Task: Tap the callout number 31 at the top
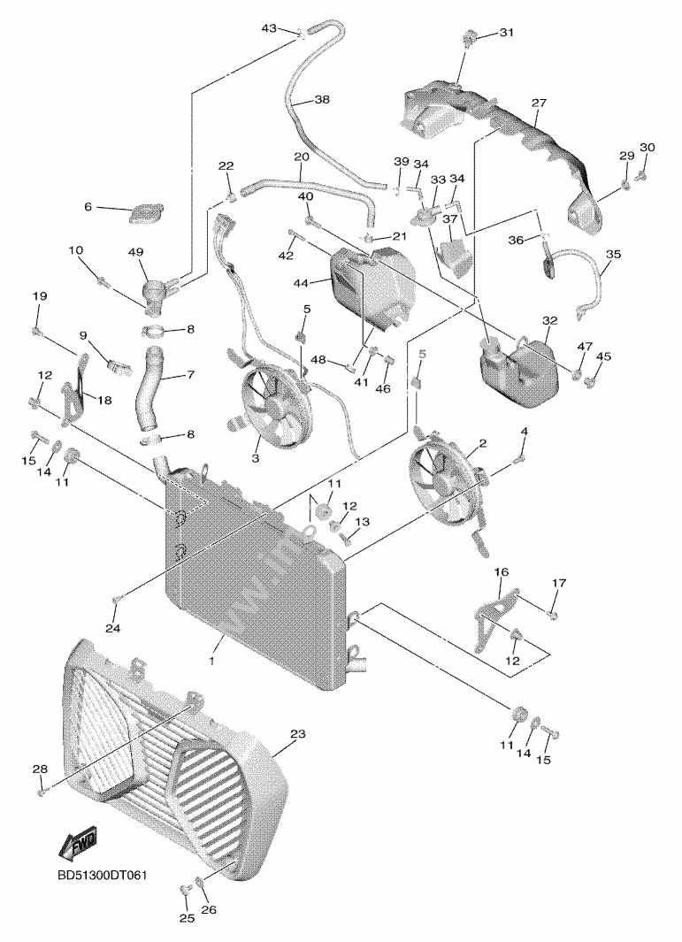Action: (505, 33)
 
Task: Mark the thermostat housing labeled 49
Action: (156, 291)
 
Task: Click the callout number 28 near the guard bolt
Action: (40, 770)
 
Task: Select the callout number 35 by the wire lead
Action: (613, 254)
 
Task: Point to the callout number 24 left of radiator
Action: (112, 629)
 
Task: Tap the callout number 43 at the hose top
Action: (269, 29)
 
